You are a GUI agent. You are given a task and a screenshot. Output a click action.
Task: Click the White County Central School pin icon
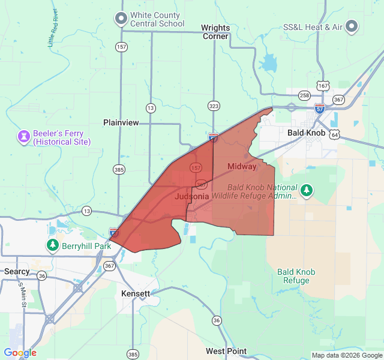coord(121,19)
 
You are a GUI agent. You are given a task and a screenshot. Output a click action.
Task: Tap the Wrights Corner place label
coord(215,32)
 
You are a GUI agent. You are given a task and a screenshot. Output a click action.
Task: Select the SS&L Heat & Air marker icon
coord(352,26)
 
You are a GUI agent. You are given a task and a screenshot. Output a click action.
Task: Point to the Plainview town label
coord(121,122)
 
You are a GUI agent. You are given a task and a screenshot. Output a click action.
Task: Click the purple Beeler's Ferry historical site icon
coord(23,137)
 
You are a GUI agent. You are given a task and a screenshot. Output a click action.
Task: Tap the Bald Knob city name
coord(306,132)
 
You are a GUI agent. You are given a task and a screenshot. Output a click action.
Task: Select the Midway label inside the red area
coord(242,166)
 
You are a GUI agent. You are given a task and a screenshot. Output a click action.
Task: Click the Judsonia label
coord(192,196)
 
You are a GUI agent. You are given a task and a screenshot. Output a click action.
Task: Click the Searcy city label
coord(17,271)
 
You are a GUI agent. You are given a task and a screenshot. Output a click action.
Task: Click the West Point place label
coord(226,351)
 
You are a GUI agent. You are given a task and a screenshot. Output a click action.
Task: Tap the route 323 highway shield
coord(213,105)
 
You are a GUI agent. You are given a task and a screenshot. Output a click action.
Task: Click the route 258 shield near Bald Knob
coord(304,95)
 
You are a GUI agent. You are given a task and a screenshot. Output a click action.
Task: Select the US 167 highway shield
coord(323,86)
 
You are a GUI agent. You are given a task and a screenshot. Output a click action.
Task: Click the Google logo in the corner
coord(20,352)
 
